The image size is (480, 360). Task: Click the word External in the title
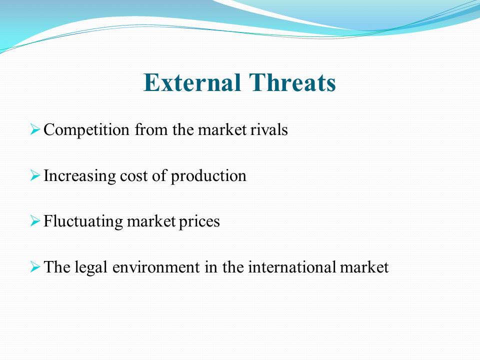(192, 82)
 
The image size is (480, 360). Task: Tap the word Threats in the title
(292, 82)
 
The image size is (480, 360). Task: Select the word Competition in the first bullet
(86, 130)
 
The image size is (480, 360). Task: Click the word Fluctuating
(83, 221)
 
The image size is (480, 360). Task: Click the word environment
(156, 267)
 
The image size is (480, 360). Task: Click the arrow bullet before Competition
(35, 129)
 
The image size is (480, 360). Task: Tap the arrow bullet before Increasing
(35, 175)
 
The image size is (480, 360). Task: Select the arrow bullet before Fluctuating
(35, 220)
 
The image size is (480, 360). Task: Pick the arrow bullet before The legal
(35, 266)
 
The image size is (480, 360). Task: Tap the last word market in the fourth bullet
(364, 267)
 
